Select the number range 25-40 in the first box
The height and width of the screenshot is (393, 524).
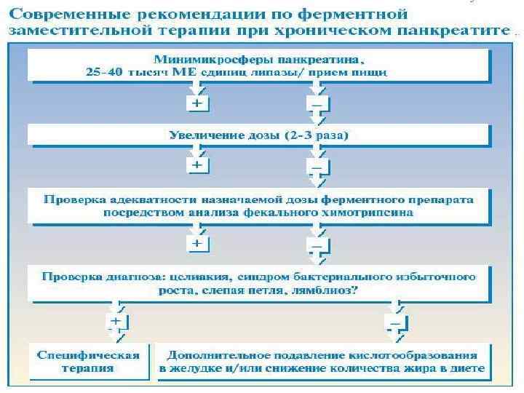103,72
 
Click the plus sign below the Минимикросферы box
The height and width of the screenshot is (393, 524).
197,104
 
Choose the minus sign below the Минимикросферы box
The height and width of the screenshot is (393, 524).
316,104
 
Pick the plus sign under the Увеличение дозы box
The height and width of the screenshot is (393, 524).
197,166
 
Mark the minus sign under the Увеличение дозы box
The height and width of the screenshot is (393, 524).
316,167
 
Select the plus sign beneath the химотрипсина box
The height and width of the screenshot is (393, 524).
197,242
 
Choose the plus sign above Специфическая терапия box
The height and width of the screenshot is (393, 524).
114,320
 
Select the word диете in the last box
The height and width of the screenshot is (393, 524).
467,369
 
